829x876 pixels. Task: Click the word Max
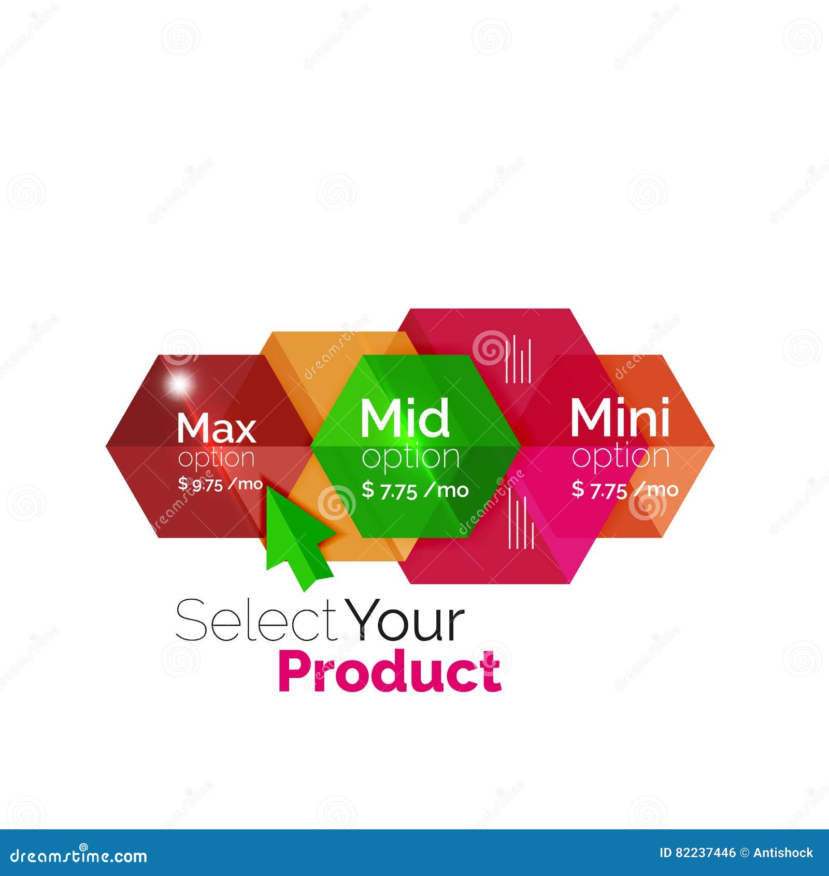click(216, 428)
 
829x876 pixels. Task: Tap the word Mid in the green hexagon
click(405, 419)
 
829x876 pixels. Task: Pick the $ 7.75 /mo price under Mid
click(415, 490)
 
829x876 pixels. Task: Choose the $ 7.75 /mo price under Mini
click(625, 489)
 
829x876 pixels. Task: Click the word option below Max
click(216, 459)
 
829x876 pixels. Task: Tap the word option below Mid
click(410, 458)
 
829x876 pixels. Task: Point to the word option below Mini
click(620, 457)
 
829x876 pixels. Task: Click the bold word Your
click(406, 620)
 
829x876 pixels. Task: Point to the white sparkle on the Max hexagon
click(180, 384)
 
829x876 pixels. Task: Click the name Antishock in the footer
click(783, 853)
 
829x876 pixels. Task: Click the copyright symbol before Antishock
click(744, 853)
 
